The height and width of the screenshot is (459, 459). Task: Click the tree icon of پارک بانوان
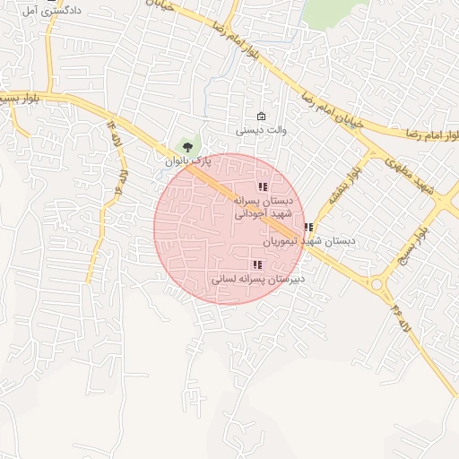tap(186, 144)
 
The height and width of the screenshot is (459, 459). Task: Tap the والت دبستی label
tap(261, 131)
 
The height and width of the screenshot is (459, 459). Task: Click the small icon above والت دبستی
tap(261, 117)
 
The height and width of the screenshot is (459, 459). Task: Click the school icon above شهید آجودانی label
tap(262, 187)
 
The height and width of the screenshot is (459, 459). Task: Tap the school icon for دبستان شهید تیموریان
tap(308, 228)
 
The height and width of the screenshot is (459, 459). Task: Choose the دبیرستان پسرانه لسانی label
tap(257, 280)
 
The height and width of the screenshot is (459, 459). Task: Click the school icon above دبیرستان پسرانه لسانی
tap(258, 264)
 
